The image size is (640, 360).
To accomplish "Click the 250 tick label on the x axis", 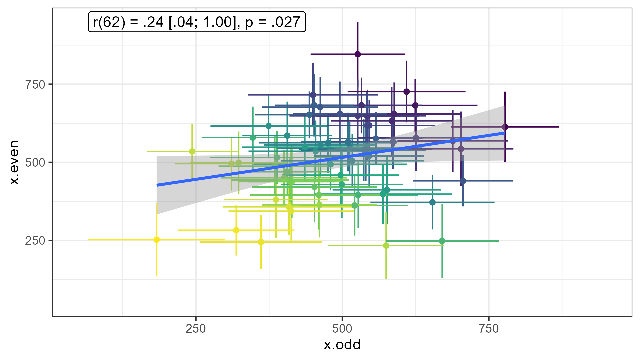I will click(196, 329).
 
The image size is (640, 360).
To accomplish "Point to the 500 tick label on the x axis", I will click(342, 329).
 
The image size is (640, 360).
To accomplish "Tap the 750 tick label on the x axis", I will click(489, 329).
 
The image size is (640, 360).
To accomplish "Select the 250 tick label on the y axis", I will click(35, 240).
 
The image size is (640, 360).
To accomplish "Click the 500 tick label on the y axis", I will click(35, 162).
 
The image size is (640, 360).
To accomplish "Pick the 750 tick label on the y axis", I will click(35, 84).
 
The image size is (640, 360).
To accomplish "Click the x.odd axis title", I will click(342, 345).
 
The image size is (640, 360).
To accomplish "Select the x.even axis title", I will click(14, 162).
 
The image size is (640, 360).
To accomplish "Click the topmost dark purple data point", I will click(358, 54).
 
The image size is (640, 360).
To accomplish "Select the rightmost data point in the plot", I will click(505, 127).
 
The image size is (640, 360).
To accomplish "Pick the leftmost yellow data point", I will click(157, 240).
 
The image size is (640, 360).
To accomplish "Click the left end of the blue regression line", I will click(157, 185).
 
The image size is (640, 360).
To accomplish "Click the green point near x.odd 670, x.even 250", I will click(442, 241).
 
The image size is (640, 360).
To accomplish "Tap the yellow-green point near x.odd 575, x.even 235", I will click(386, 246).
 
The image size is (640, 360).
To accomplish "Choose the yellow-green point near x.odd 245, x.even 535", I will click(192, 151).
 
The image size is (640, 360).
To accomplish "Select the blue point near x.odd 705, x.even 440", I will click(463, 181).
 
